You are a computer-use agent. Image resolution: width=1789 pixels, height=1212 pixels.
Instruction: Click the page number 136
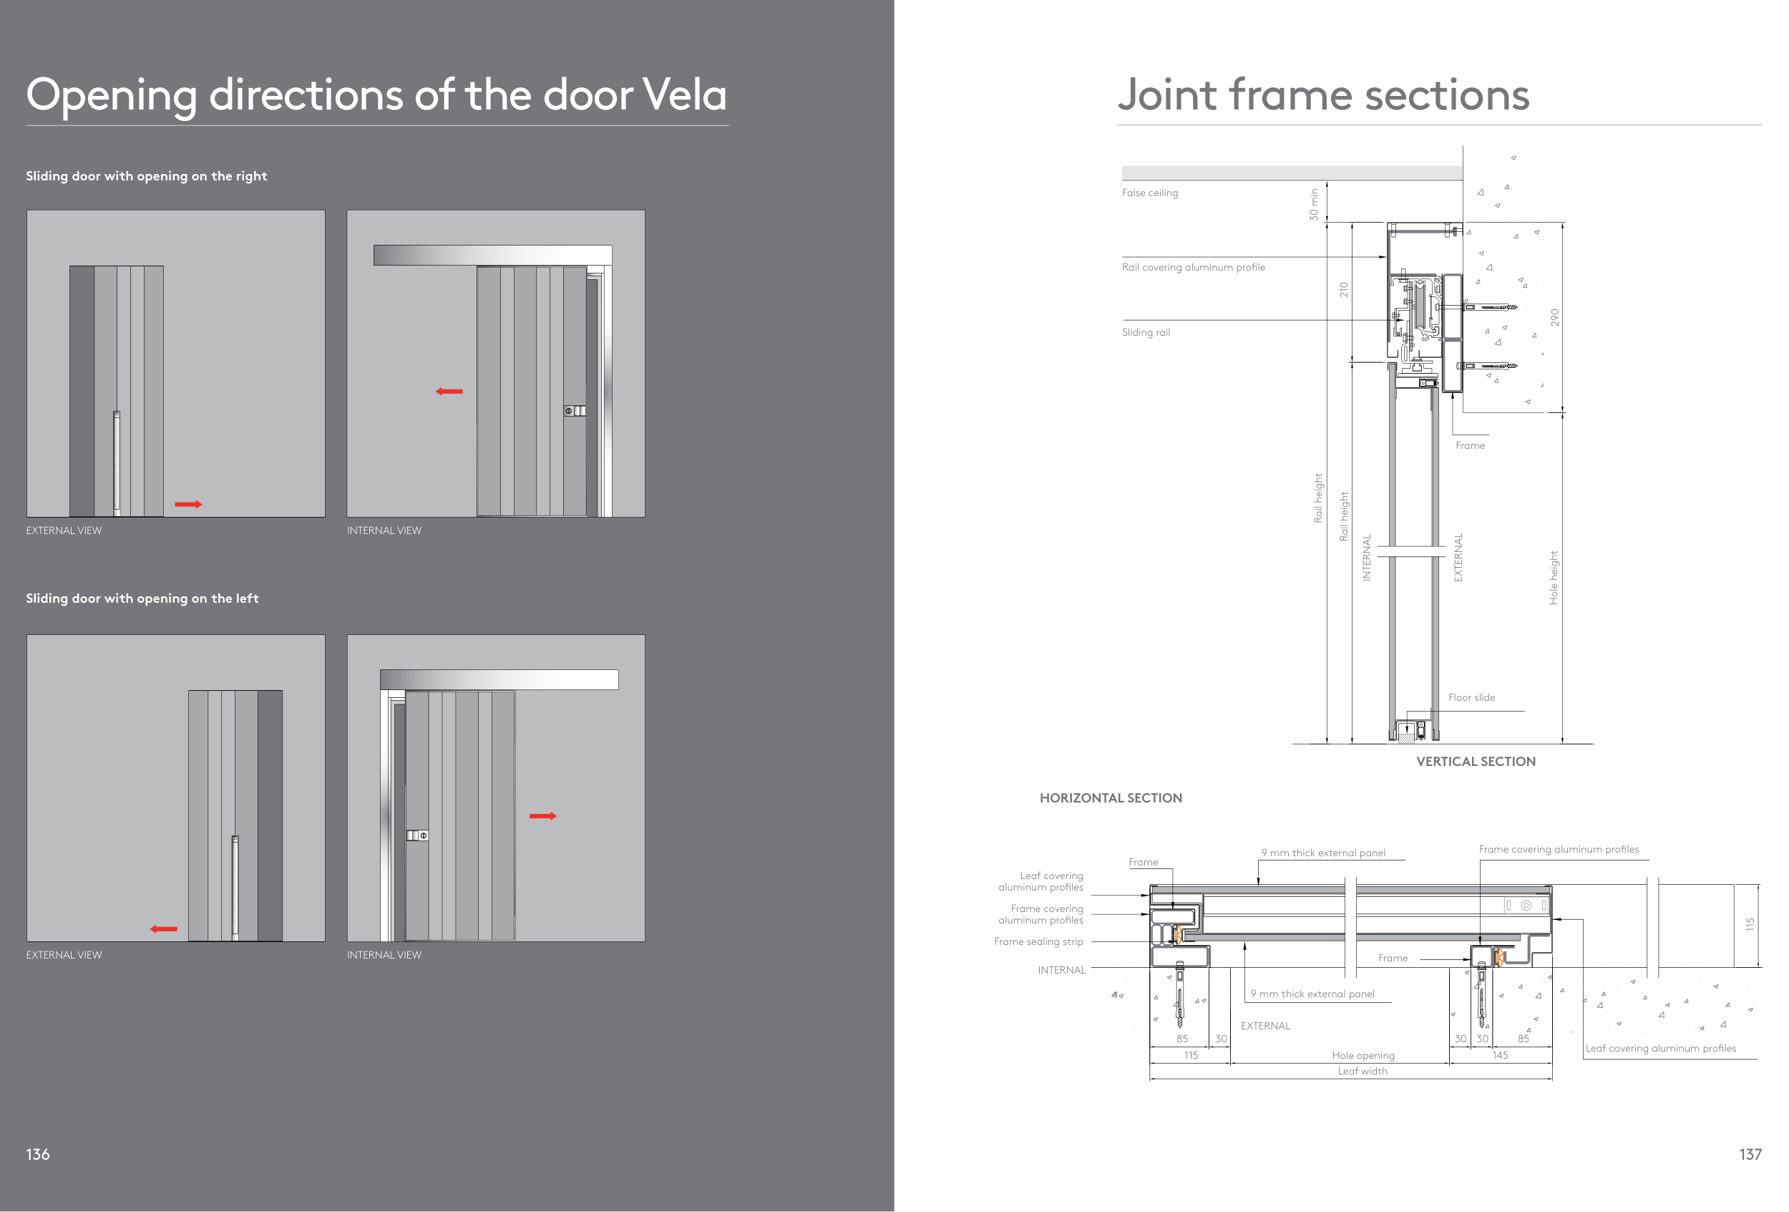tap(38, 1153)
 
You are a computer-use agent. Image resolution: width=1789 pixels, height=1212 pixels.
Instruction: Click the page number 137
tap(1750, 1153)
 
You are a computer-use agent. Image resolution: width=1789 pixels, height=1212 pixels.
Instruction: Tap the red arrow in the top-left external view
tap(187, 505)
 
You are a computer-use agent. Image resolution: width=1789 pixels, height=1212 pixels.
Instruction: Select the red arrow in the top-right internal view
tap(449, 392)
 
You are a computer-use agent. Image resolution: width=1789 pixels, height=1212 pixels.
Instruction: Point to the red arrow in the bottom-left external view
tap(163, 929)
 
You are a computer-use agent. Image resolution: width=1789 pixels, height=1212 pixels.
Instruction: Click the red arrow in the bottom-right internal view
tap(542, 816)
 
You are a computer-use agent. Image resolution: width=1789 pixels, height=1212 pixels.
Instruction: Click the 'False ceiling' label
tap(1149, 193)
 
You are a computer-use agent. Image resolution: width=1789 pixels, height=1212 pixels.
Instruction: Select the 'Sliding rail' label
tap(1146, 333)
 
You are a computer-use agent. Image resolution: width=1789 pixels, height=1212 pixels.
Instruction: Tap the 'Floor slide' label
tap(1471, 697)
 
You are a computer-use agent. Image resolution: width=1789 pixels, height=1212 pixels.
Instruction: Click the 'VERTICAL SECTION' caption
tap(1476, 762)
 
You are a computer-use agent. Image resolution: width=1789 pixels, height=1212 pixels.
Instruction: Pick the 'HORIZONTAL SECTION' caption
tap(1110, 798)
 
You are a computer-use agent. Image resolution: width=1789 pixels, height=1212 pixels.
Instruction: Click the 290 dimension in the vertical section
tap(1554, 317)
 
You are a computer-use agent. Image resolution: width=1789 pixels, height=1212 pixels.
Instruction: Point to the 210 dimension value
tap(1343, 289)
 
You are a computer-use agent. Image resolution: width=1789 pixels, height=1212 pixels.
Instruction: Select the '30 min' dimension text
tap(1313, 205)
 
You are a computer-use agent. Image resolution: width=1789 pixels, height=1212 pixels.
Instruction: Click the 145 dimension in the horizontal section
tap(1500, 1056)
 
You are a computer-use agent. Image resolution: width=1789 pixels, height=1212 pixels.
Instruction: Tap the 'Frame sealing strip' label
tap(1038, 941)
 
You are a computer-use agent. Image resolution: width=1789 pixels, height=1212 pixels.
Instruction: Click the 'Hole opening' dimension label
tap(1363, 1056)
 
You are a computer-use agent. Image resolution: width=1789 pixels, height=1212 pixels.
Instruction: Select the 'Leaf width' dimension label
tap(1362, 1071)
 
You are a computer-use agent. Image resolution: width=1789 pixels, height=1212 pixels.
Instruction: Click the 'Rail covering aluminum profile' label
tap(1193, 267)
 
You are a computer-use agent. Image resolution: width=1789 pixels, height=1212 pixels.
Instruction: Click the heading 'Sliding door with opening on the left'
tap(142, 598)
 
